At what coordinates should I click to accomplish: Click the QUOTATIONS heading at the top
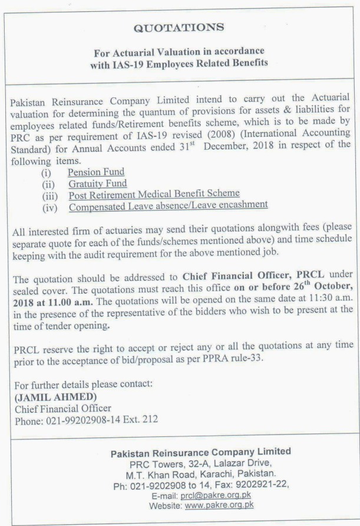pos(179,27)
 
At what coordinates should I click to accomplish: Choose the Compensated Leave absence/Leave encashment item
pos(168,205)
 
